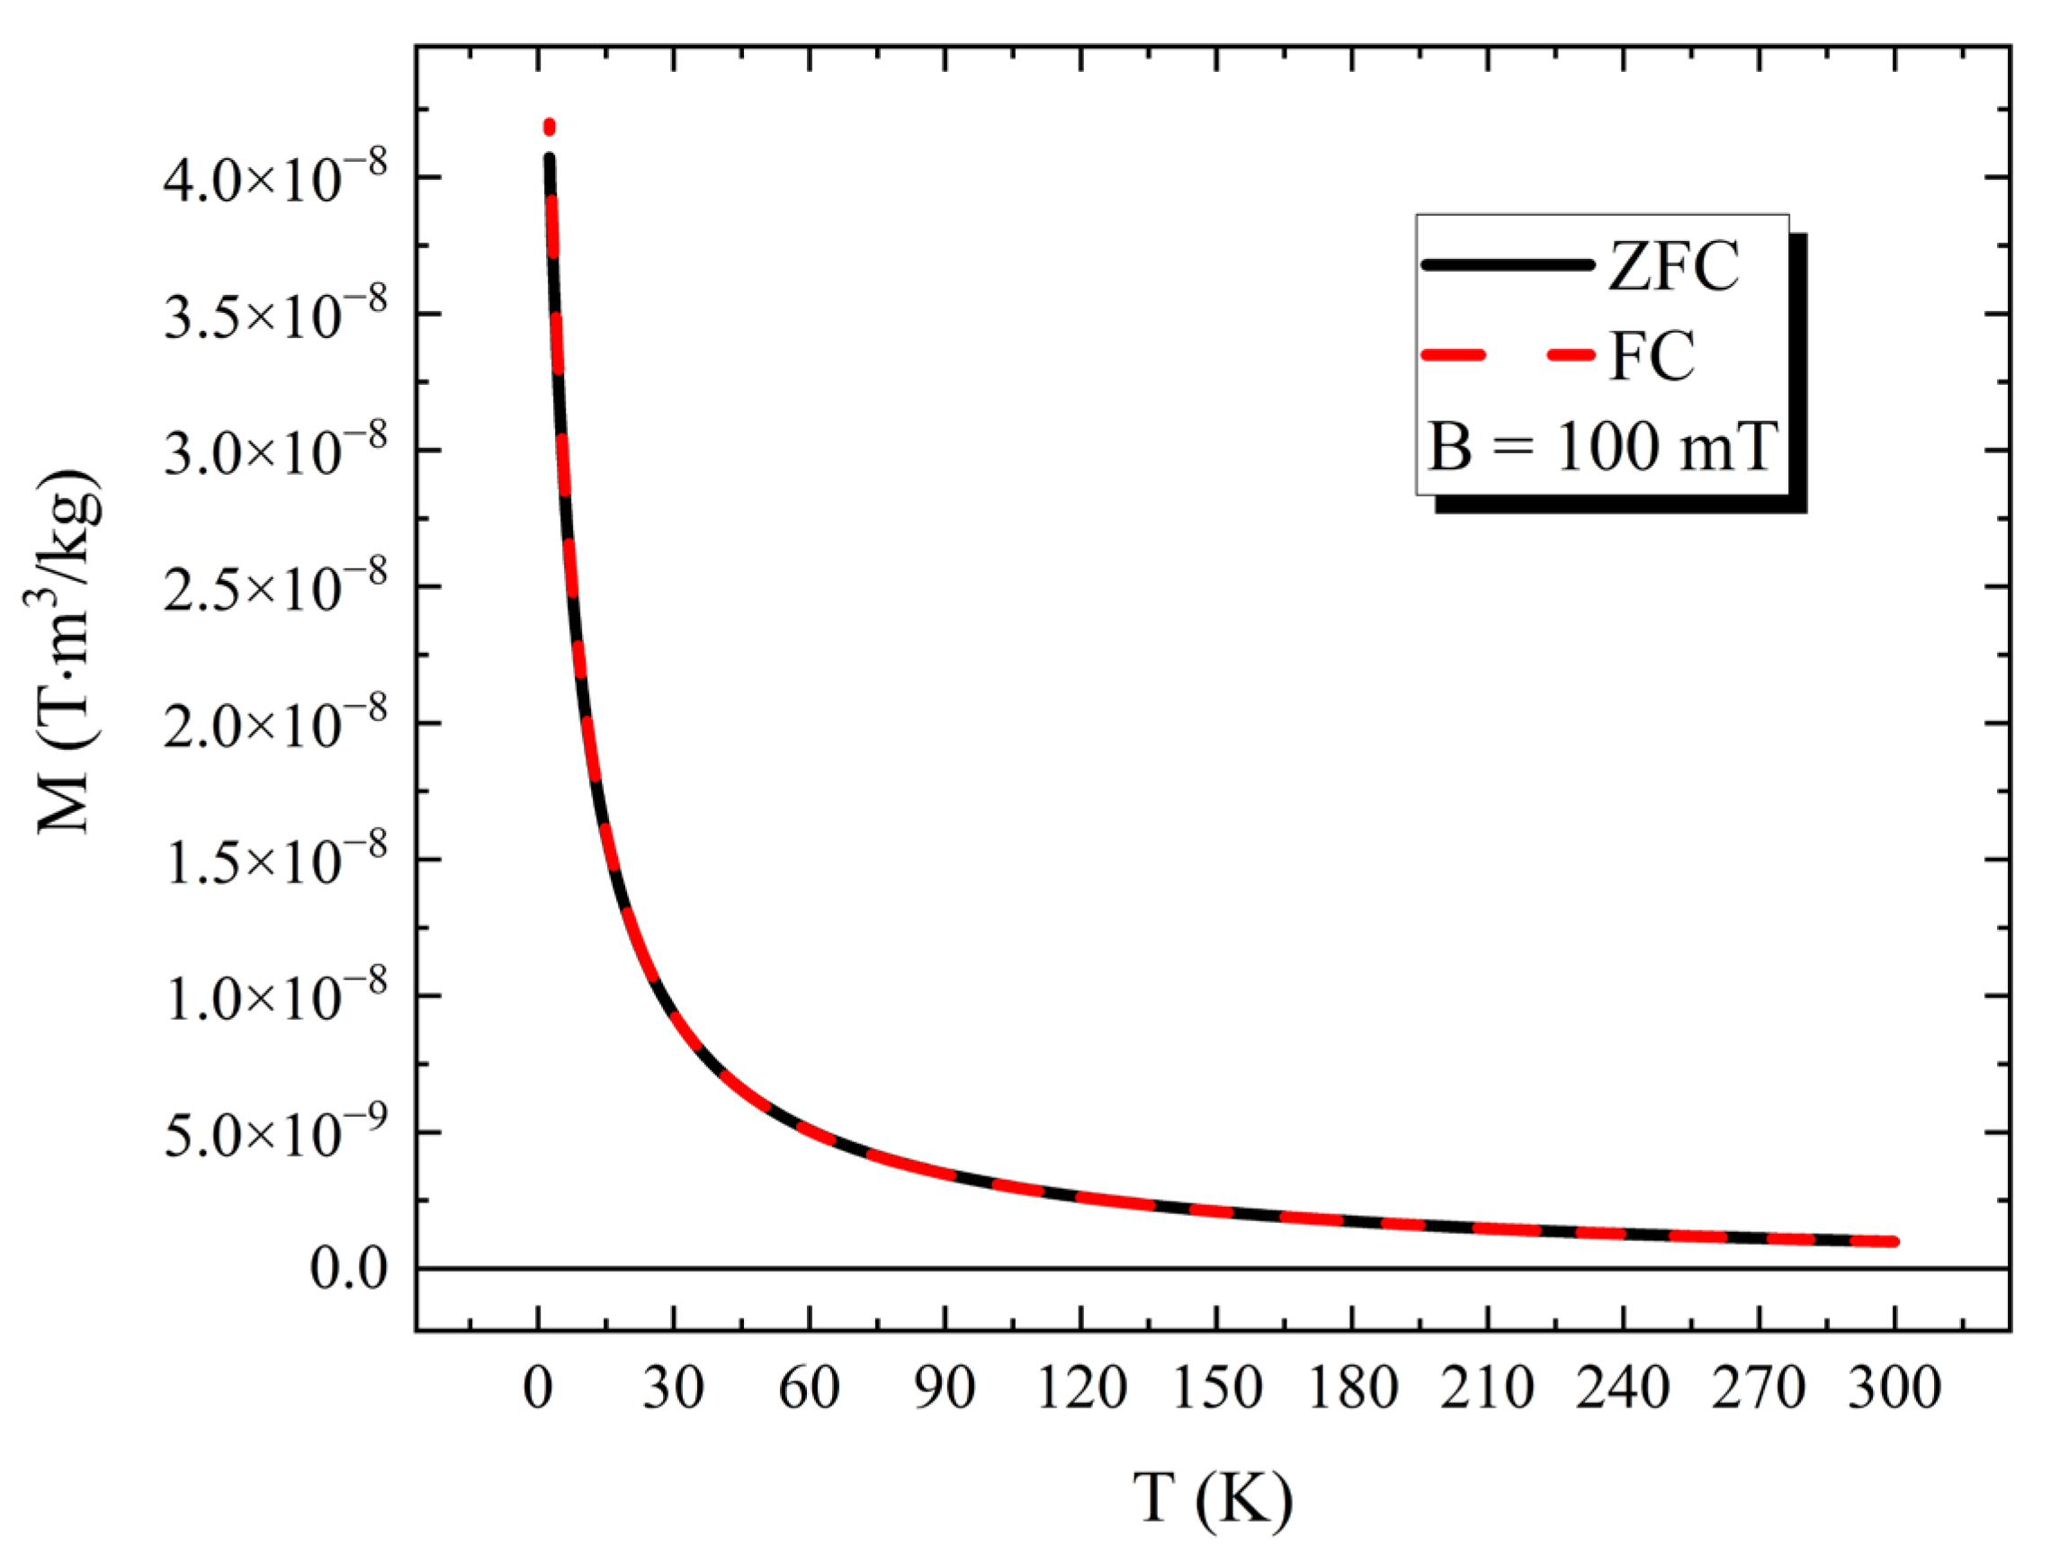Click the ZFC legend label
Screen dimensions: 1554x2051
click(x=1672, y=266)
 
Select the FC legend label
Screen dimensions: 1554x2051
click(x=1652, y=356)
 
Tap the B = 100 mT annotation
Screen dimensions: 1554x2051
click(x=1601, y=448)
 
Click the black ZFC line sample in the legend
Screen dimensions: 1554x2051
click(x=1506, y=265)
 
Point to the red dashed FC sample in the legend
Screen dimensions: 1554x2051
click(x=1506, y=355)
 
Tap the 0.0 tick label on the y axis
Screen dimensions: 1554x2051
click(x=349, y=1268)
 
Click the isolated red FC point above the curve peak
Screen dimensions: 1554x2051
click(x=549, y=126)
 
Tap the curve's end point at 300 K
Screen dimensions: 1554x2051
click(x=1894, y=1242)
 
